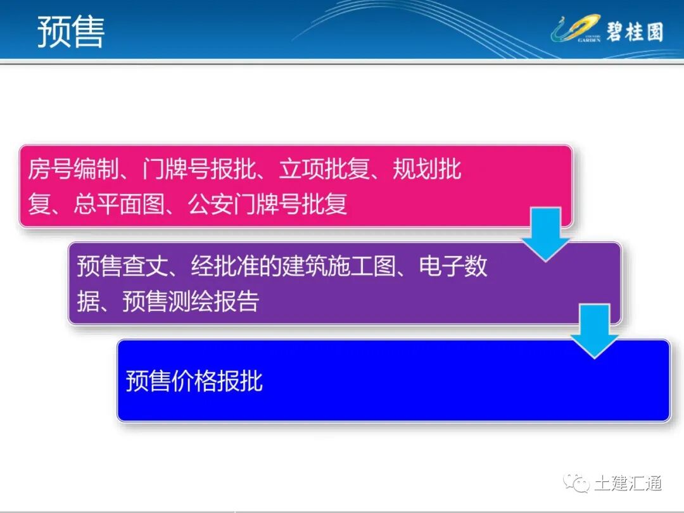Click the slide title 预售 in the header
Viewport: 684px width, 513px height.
(x=70, y=31)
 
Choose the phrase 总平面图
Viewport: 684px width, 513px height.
(x=118, y=204)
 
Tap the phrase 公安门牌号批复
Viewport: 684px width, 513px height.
(x=268, y=204)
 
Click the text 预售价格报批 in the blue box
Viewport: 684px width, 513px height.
(x=194, y=381)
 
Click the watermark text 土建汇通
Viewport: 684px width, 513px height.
(x=628, y=484)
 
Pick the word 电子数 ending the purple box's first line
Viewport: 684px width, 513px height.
(x=453, y=267)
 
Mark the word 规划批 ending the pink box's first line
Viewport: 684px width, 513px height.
(x=427, y=170)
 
